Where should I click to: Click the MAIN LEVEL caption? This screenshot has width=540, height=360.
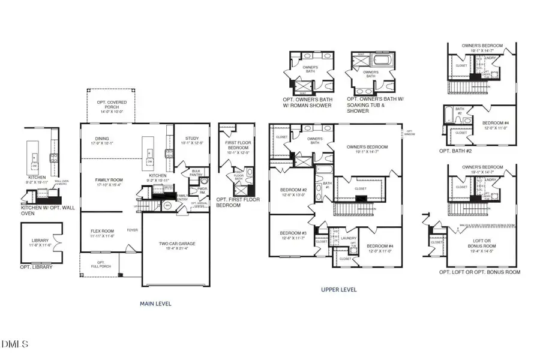[155, 304]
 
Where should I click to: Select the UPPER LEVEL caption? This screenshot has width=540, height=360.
[340, 290]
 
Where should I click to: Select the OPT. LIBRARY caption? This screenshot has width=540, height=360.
[36, 267]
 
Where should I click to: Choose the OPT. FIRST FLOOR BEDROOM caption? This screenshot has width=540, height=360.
[238, 202]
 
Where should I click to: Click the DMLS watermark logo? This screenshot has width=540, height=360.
[16, 344]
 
